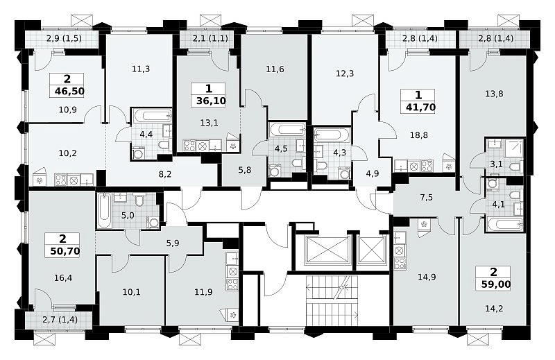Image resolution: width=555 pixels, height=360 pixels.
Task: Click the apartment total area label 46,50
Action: (x=70, y=92)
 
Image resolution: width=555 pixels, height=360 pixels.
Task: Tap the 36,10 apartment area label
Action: (x=212, y=101)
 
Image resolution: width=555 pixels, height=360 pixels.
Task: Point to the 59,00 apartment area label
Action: (x=495, y=284)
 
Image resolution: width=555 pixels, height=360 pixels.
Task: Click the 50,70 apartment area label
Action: (x=65, y=251)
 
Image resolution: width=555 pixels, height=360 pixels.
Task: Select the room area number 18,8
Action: (x=419, y=135)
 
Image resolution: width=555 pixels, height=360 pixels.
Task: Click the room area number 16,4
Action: (x=63, y=278)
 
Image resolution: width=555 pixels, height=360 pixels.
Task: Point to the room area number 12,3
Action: (x=345, y=74)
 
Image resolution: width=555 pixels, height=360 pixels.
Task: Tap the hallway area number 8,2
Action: (x=164, y=174)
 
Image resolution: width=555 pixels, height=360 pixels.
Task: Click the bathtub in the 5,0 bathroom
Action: (x=105, y=210)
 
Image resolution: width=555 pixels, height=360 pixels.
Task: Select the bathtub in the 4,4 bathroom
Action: (x=152, y=116)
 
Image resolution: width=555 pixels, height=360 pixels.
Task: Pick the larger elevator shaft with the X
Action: (x=329, y=250)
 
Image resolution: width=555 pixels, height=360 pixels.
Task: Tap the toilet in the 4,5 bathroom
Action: (x=297, y=163)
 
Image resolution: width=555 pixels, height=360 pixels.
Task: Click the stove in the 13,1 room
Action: (x=189, y=145)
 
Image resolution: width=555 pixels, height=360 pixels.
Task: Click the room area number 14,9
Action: (x=427, y=277)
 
